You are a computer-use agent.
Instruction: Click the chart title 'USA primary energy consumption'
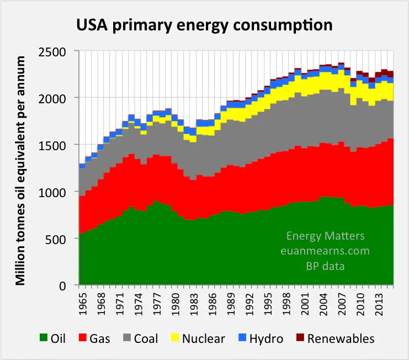pos(204,25)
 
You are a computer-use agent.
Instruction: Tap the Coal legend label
pos(146,338)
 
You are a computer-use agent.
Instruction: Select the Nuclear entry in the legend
pos(204,338)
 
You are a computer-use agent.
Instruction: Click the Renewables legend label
pos(341,338)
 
